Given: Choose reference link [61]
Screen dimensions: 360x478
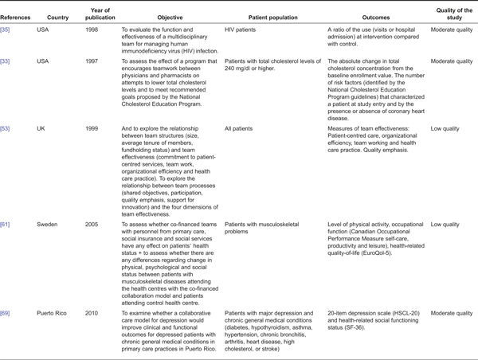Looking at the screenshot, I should point(7,225).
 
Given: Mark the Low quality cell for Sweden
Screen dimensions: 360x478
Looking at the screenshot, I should point(445,225).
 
